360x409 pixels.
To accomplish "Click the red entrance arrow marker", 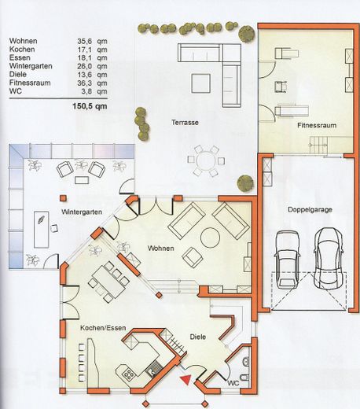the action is tap(186, 380).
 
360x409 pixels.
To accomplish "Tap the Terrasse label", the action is tap(185, 122).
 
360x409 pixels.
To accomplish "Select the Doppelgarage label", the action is tap(310, 210).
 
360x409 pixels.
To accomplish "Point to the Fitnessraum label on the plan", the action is tap(317, 125).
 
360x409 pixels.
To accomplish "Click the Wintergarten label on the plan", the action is tap(82, 212).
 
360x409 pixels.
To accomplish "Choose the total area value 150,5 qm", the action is tap(90, 106).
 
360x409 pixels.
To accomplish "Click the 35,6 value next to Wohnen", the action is tap(84, 41).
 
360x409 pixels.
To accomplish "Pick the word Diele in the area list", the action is tap(18, 74).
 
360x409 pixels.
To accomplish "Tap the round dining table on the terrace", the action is tap(206, 161).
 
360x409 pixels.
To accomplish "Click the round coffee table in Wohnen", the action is tap(210, 237).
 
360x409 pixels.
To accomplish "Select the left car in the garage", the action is tap(287, 259).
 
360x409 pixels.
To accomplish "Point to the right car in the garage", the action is tap(328, 258).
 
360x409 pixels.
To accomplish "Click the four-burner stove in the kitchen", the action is tap(129, 374).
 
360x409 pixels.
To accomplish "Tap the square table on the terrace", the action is tap(200, 83).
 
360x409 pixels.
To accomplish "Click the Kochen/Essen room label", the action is tap(103, 328).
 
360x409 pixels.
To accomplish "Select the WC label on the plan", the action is tap(233, 383).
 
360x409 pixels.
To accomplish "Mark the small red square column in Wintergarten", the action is tap(63, 198).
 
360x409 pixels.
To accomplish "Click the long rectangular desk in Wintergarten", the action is tap(42, 230).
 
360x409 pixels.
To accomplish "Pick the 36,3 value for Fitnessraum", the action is tap(84, 83).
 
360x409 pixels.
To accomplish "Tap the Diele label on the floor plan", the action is tap(198, 337).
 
